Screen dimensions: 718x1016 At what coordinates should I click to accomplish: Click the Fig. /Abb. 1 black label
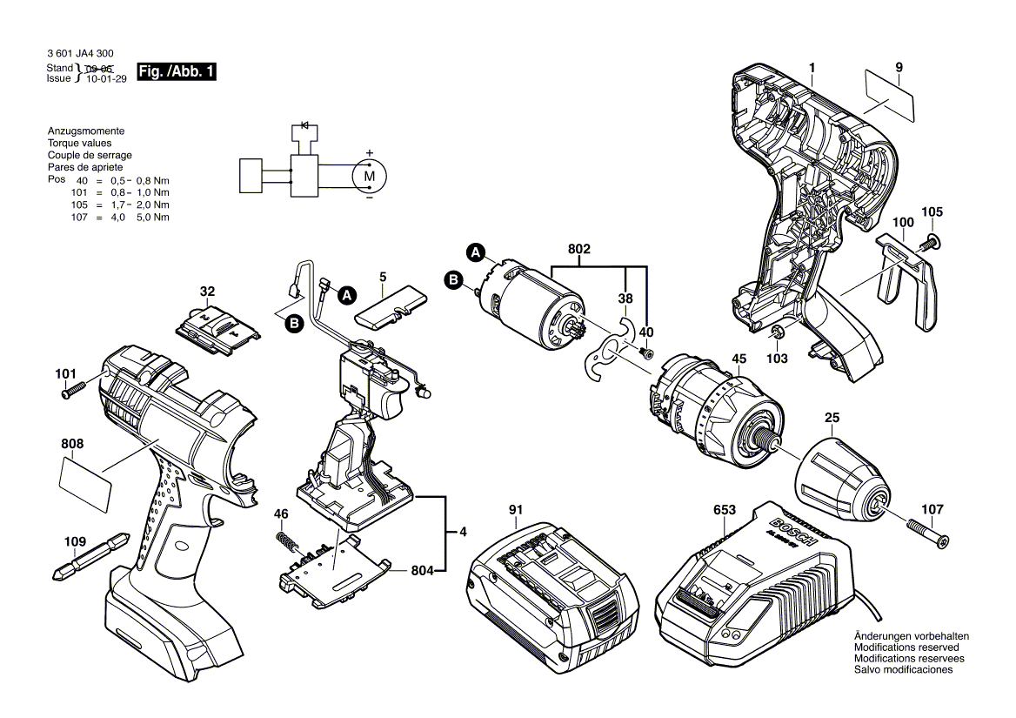pyautogui.click(x=176, y=72)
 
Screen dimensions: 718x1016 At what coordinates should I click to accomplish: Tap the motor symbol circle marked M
pyautogui.click(x=369, y=176)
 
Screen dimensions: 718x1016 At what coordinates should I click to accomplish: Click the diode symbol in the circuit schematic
pyautogui.click(x=304, y=125)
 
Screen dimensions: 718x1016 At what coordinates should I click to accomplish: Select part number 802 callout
pyautogui.click(x=579, y=250)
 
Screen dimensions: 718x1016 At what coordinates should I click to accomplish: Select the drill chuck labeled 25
pyautogui.click(x=839, y=479)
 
